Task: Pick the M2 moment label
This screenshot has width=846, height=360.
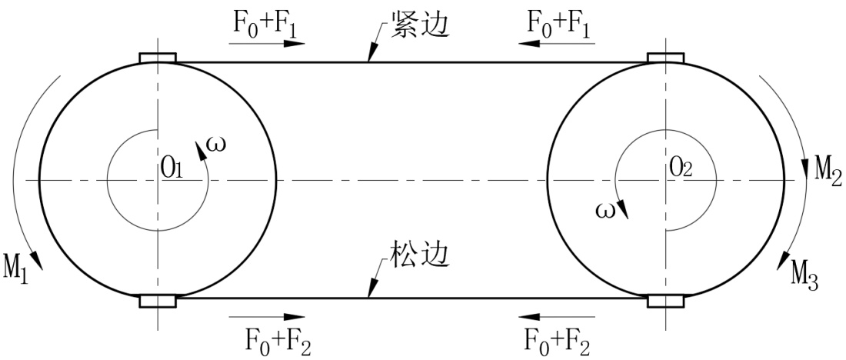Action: pyautogui.click(x=827, y=165)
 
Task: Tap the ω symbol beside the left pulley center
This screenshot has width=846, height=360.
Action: pyautogui.click(x=217, y=144)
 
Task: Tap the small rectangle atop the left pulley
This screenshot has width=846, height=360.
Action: pyautogui.click(x=158, y=58)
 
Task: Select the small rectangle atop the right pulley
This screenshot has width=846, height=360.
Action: pyautogui.click(x=666, y=58)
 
